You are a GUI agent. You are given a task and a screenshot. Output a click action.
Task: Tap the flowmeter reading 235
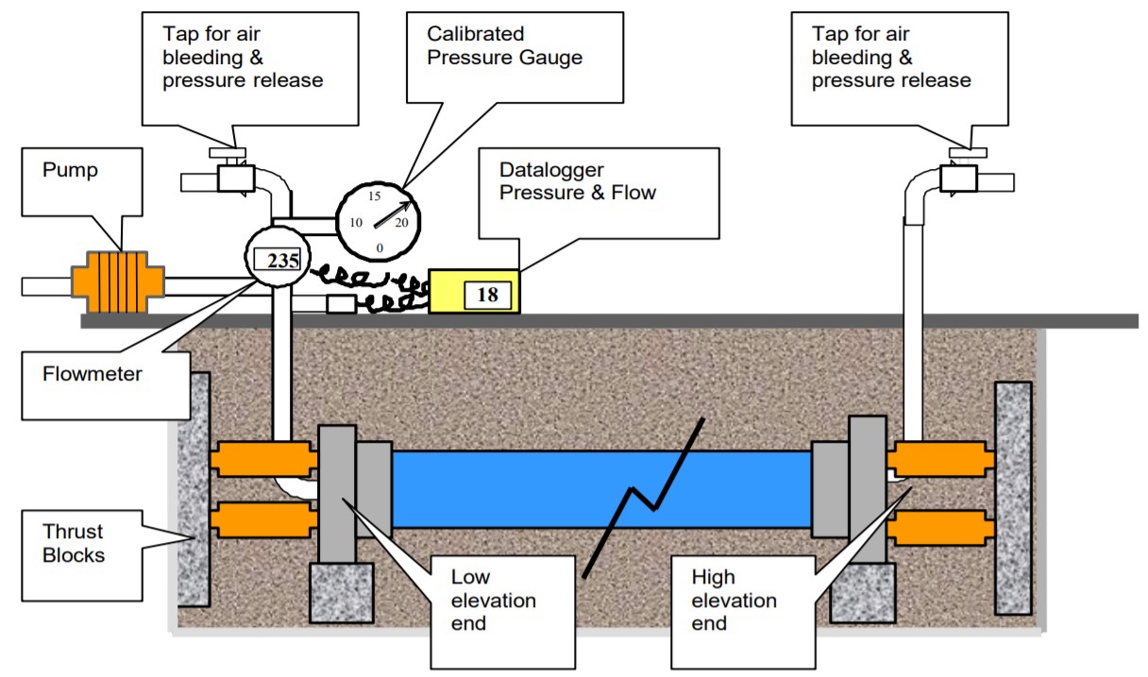tap(281, 262)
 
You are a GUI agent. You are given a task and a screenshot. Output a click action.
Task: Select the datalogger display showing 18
tap(487, 295)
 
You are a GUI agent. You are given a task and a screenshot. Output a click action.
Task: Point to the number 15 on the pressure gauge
tap(375, 196)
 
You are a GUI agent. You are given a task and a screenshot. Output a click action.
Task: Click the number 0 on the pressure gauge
tap(380, 247)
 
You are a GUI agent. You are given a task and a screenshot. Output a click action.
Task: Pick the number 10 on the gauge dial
tap(356, 223)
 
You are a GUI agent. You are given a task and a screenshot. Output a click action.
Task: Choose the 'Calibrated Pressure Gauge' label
tap(504, 45)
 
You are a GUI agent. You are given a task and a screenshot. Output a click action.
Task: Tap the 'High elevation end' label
tap(734, 600)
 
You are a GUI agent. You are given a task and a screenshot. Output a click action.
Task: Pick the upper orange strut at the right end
tap(939, 460)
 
